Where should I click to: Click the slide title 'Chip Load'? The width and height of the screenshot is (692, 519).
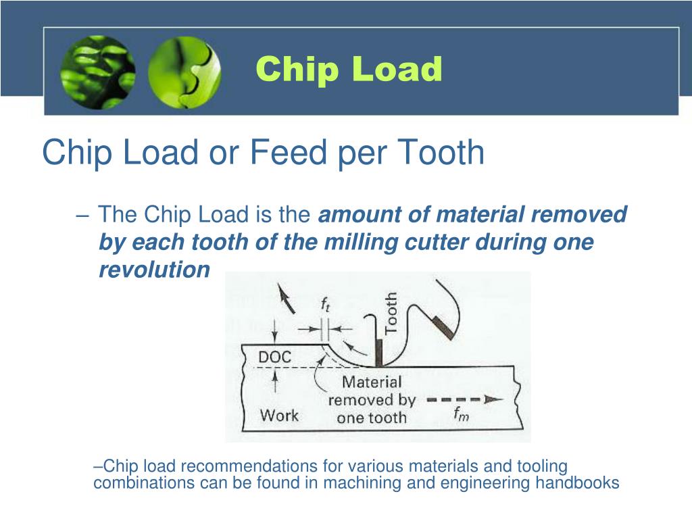tap(349, 70)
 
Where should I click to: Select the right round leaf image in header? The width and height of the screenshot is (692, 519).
tap(184, 72)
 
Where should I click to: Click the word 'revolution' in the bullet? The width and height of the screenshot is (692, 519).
tap(154, 270)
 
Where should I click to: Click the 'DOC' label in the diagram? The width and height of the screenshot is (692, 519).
tap(275, 356)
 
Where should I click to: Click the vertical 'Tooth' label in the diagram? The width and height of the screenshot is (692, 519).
tap(391, 312)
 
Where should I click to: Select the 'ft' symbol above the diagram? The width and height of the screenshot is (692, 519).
tap(326, 305)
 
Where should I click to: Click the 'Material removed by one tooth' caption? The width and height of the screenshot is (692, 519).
tap(371, 400)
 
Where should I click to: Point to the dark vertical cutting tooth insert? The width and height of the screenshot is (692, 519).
tap(378, 351)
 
